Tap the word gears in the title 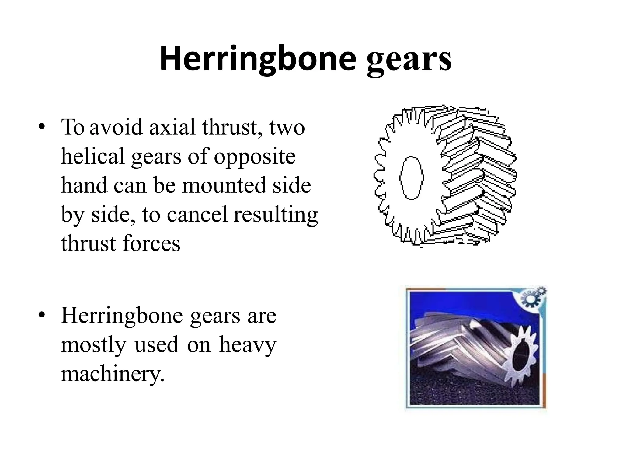[x=409, y=61]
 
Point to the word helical [x=93, y=157]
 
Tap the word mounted [x=225, y=185]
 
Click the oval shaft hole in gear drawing [x=412, y=178]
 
